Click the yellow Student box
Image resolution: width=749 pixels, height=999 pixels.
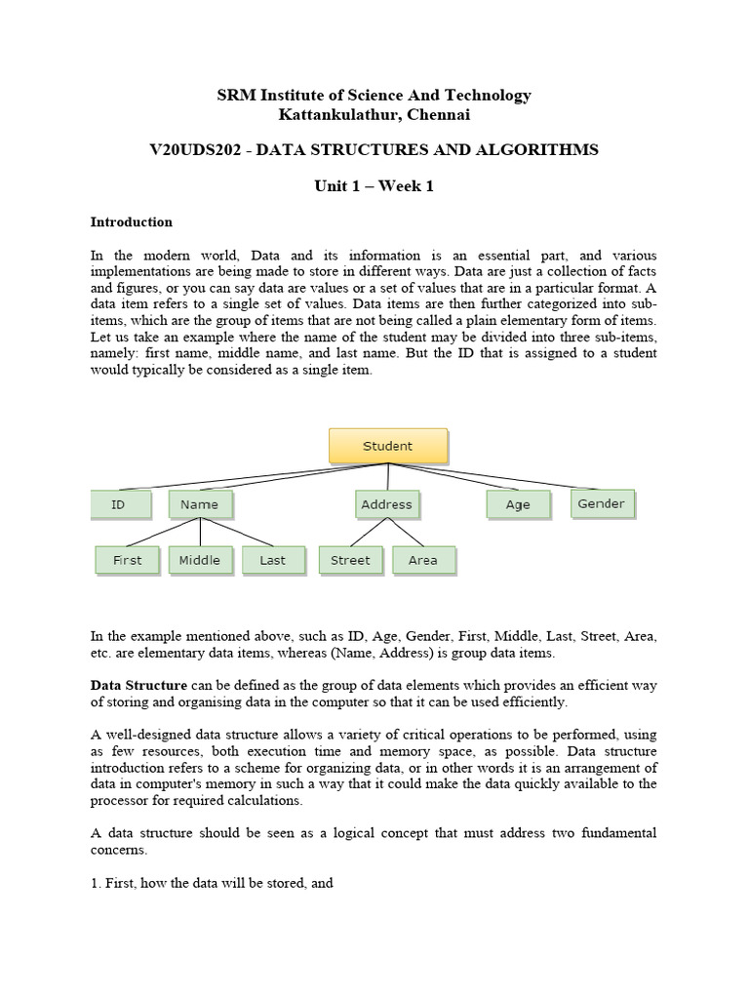pos(387,446)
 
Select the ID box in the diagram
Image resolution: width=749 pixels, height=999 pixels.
pos(120,504)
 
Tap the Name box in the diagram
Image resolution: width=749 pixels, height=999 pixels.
pos(200,504)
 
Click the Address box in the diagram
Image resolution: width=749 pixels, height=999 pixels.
pos(387,504)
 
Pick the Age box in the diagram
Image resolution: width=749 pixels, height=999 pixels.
pos(518,504)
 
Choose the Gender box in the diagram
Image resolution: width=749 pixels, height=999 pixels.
pos(602,503)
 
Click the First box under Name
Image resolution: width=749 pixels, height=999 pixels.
pos(127,560)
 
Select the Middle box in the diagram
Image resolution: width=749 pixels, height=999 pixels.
pos(200,560)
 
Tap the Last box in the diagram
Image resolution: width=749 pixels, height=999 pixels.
pos(273,560)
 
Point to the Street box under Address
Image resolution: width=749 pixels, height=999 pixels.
pos(350,560)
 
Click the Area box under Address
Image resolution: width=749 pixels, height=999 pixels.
pos(423,560)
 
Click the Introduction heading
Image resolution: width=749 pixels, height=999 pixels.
pos(131,222)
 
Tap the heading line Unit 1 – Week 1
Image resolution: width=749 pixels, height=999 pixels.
pos(374,186)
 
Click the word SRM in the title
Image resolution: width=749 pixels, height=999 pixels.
pos(235,95)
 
